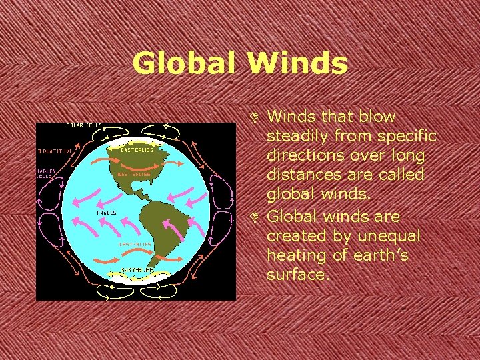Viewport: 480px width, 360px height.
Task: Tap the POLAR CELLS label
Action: click(84, 126)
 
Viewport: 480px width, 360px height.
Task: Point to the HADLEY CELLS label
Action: click(46, 173)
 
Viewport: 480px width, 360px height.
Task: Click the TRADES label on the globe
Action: click(107, 212)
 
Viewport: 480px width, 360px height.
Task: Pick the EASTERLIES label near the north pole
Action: click(137, 149)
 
